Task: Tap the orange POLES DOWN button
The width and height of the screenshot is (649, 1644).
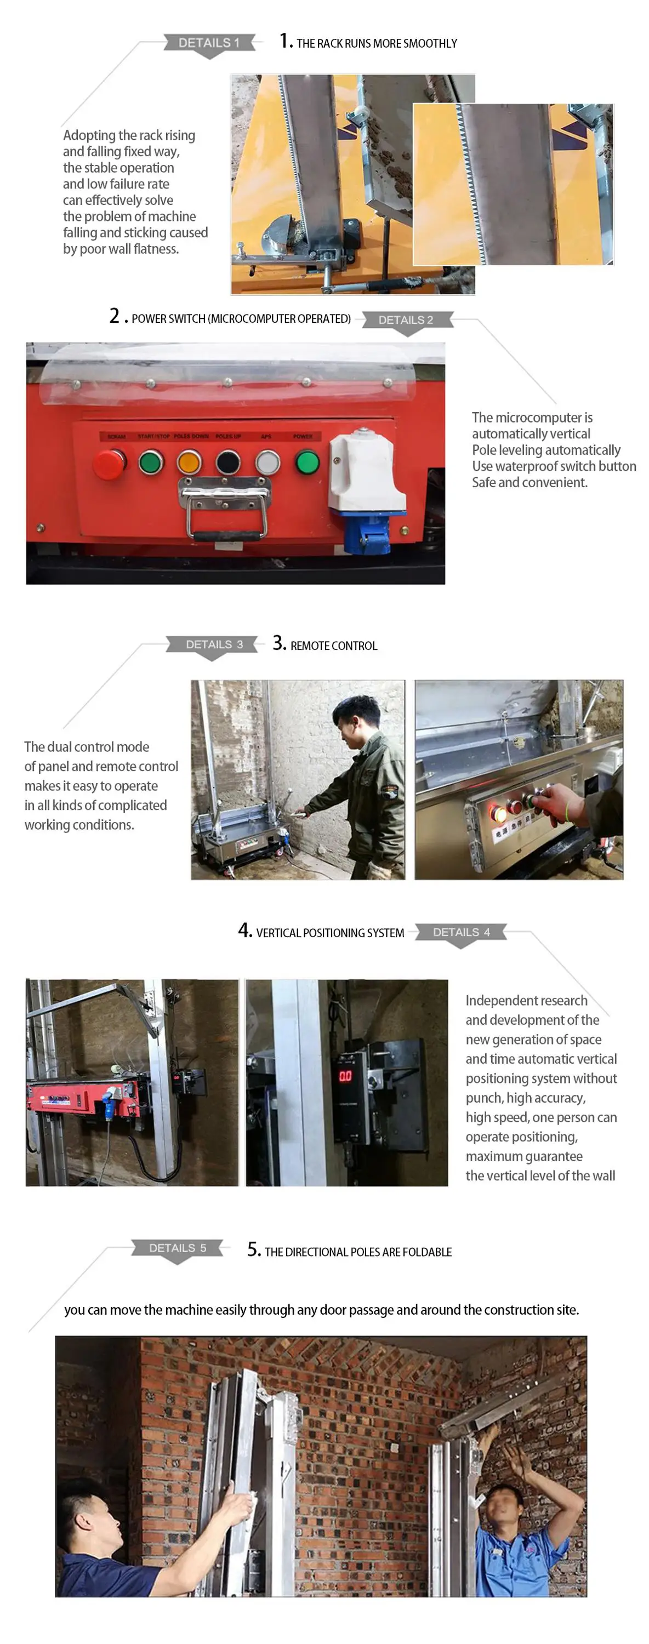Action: coord(189,461)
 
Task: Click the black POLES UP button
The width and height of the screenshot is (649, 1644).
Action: coord(228,461)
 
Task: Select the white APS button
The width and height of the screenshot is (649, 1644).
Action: coord(267,461)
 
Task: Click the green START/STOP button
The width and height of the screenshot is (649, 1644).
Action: coord(151,461)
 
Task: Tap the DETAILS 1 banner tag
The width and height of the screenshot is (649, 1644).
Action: coord(209,43)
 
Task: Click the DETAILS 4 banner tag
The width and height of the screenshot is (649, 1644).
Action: coord(461,932)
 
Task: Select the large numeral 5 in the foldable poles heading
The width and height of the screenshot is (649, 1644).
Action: coord(253,1249)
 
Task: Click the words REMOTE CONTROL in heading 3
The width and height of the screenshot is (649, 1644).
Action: coord(333,646)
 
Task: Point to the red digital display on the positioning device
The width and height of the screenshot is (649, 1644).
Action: coord(345,1076)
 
